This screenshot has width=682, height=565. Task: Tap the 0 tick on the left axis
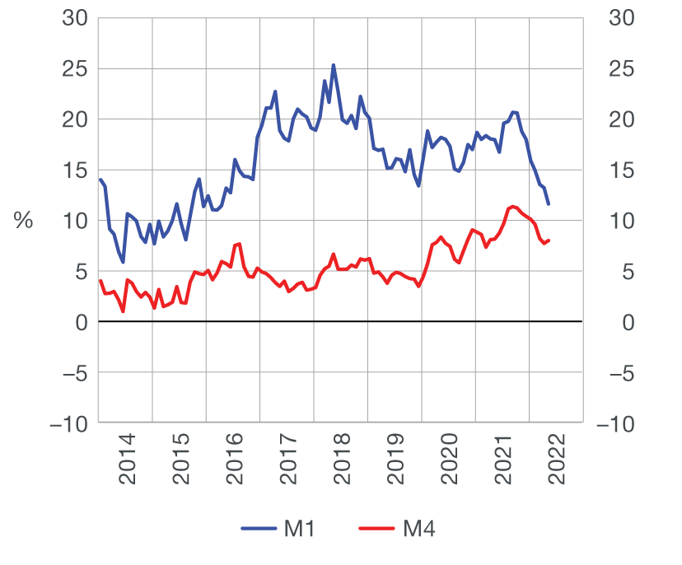(x=82, y=322)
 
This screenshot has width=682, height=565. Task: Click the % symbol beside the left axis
(x=23, y=221)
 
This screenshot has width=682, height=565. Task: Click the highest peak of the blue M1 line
(x=334, y=65)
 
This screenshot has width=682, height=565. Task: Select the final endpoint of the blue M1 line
(x=549, y=204)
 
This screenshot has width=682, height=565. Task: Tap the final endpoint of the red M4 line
(x=549, y=240)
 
